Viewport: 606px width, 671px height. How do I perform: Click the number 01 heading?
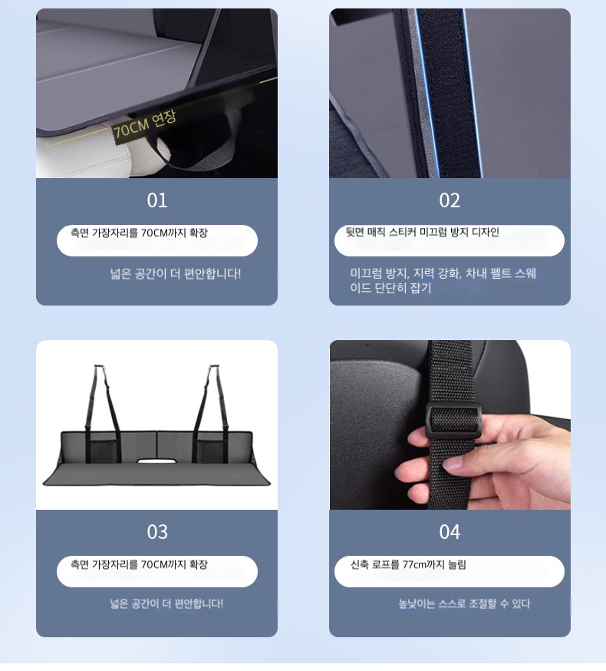pyautogui.click(x=157, y=200)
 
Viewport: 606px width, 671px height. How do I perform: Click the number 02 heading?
pyautogui.click(x=450, y=200)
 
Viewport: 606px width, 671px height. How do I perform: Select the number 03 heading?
pyautogui.click(x=157, y=532)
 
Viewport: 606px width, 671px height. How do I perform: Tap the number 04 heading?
pyautogui.click(x=450, y=532)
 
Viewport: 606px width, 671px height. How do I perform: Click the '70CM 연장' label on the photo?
pyautogui.click(x=144, y=124)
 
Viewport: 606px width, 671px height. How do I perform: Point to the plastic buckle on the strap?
pyautogui.click(x=453, y=422)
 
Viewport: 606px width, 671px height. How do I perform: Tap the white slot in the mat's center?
pyautogui.click(x=156, y=461)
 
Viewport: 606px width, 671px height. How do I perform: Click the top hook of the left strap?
pyautogui.click(x=99, y=367)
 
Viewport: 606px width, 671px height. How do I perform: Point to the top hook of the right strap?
pyautogui.click(x=214, y=367)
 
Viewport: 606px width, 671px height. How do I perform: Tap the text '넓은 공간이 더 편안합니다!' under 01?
pyautogui.click(x=176, y=274)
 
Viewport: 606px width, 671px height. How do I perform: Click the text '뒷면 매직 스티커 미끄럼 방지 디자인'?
pyautogui.click(x=422, y=233)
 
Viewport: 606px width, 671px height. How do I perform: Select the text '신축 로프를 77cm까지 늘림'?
pyautogui.click(x=408, y=564)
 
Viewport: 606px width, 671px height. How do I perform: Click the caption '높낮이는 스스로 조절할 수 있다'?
pyautogui.click(x=464, y=603)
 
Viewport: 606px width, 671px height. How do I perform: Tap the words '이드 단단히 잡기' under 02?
pyautogui.click(x=390, y=288)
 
